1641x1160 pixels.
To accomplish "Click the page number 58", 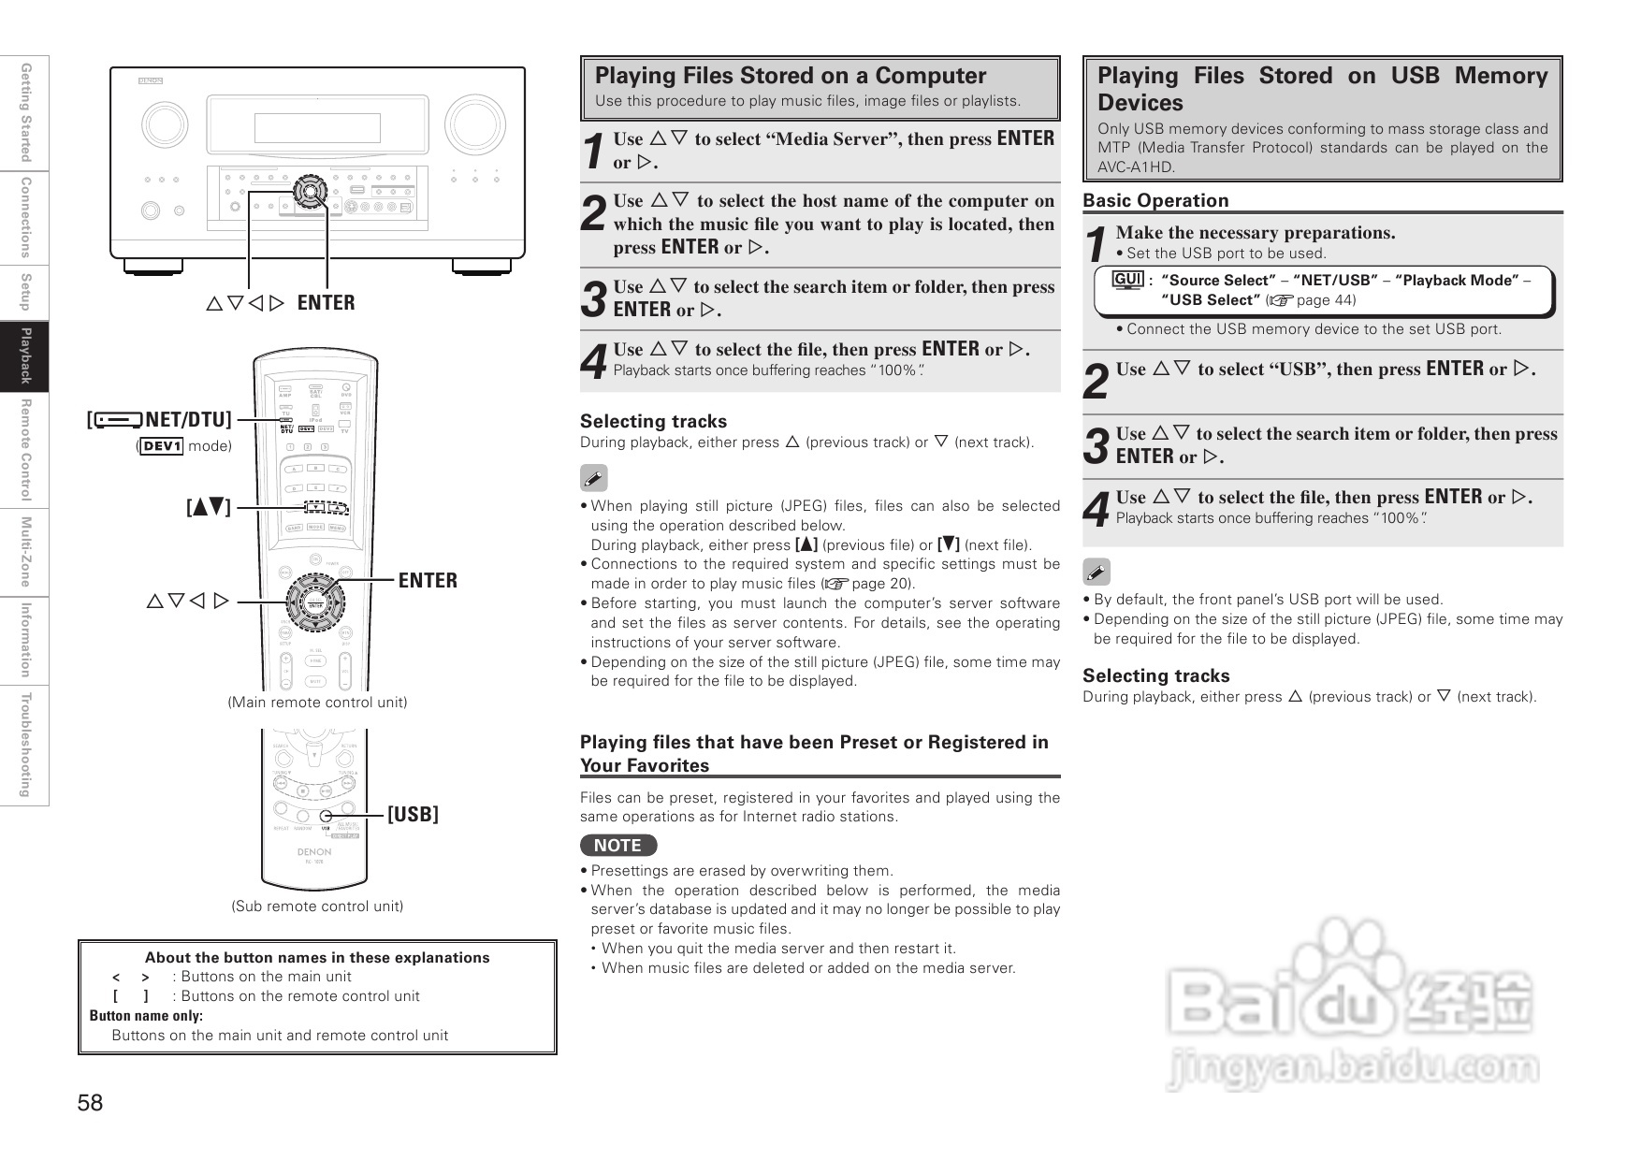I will point(91,1103).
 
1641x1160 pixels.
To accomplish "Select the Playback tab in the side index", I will point(25,356).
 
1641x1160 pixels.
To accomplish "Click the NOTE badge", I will point(618,846).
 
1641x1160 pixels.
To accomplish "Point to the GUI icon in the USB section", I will point(1127,281).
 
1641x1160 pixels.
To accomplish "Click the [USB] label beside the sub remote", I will point(413,815).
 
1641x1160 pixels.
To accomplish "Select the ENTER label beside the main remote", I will point(428,581).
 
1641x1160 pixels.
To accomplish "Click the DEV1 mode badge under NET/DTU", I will point(162,446).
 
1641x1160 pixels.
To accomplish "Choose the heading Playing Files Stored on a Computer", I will point(791,76).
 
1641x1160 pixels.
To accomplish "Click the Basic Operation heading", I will point(1155,200).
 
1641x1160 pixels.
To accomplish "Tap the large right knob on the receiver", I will point(475,125).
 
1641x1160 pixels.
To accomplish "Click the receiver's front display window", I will point(317,128).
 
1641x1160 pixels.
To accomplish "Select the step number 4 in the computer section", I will point(593,361).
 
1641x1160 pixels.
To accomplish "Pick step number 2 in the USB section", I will point(1096,381).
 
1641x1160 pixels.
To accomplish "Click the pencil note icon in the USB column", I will point(1096,572).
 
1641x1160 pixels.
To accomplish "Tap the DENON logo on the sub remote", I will point(314,852).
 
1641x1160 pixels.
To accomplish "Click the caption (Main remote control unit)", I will point(317,703).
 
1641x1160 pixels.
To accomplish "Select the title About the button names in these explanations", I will point(317,958).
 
